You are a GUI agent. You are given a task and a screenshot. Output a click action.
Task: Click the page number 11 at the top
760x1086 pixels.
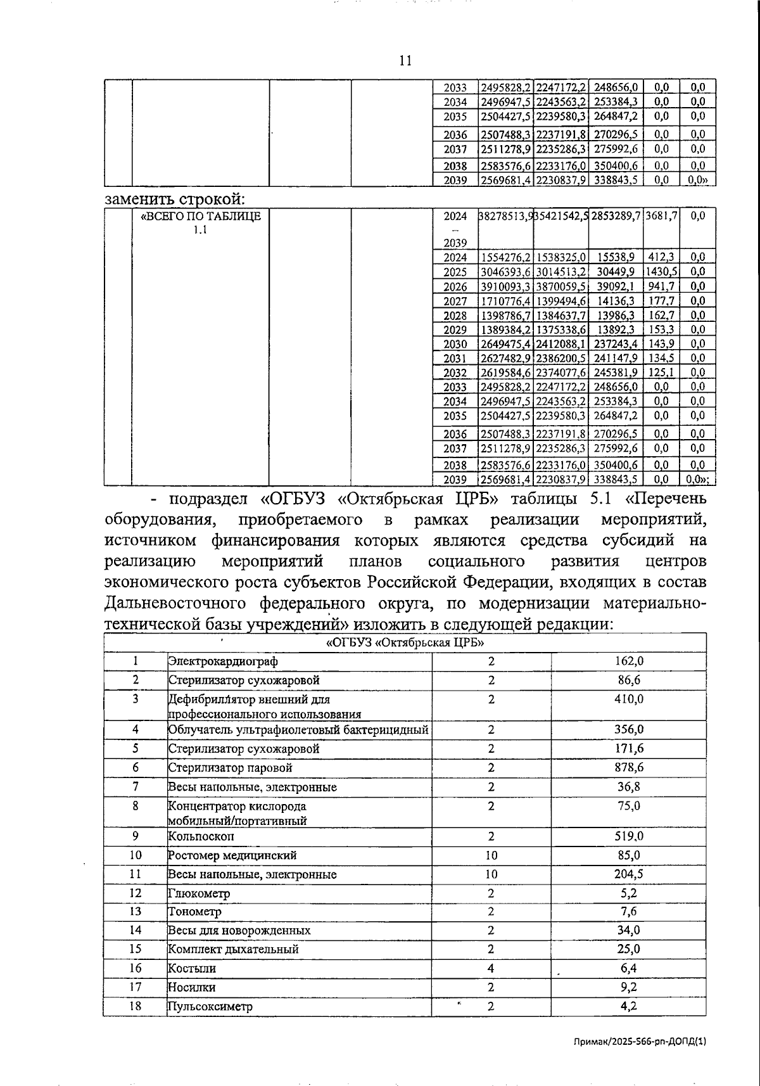pyautogui.click(x=406, y=61)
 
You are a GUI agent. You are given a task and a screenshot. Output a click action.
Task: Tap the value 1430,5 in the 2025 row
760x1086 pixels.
pyautogui.click(x=661, y=271)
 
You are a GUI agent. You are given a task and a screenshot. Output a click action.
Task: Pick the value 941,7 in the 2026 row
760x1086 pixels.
pyautogui.click(x=661, y=286)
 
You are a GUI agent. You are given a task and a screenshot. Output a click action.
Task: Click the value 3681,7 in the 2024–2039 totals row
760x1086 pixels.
pyautogui.click(x=661, y=215)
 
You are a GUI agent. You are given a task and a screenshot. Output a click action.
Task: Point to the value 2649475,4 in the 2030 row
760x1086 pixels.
pyautogui.click(x=505, y=343)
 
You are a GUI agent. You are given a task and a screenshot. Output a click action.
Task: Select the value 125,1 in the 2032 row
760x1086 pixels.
pyautogui.click(x=661, y=372)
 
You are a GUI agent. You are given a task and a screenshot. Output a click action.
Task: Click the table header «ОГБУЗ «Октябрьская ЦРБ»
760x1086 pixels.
pyautogui.click(x=405, y=642)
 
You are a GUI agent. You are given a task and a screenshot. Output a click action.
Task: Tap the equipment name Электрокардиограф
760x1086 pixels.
pyautogui.click(x=223, y=661)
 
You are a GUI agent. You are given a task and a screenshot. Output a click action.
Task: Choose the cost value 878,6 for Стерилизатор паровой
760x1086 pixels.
pyautogui.click(x=629, y=767)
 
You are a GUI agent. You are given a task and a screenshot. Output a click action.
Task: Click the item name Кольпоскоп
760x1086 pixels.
pyautogui.click(x=201, y=836)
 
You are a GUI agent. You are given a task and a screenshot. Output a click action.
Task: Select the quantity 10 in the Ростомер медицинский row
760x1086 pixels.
pyautogui.click(x=491, y=855)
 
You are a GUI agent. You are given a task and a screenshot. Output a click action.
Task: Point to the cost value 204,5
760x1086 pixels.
pyautogui.click(x=629, y=874)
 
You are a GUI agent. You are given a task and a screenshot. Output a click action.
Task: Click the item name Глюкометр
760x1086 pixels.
pyautogui.click(x=199, y=893)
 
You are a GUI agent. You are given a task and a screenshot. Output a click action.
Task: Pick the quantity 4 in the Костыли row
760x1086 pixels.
pyautogui.click(x=491, y=968)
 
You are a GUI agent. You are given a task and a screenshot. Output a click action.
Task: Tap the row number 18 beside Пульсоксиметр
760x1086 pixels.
pyautogui.click(x=136, y=1006)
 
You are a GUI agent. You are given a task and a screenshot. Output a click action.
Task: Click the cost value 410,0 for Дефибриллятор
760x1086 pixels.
pyautogui.click(x=629, y=699)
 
